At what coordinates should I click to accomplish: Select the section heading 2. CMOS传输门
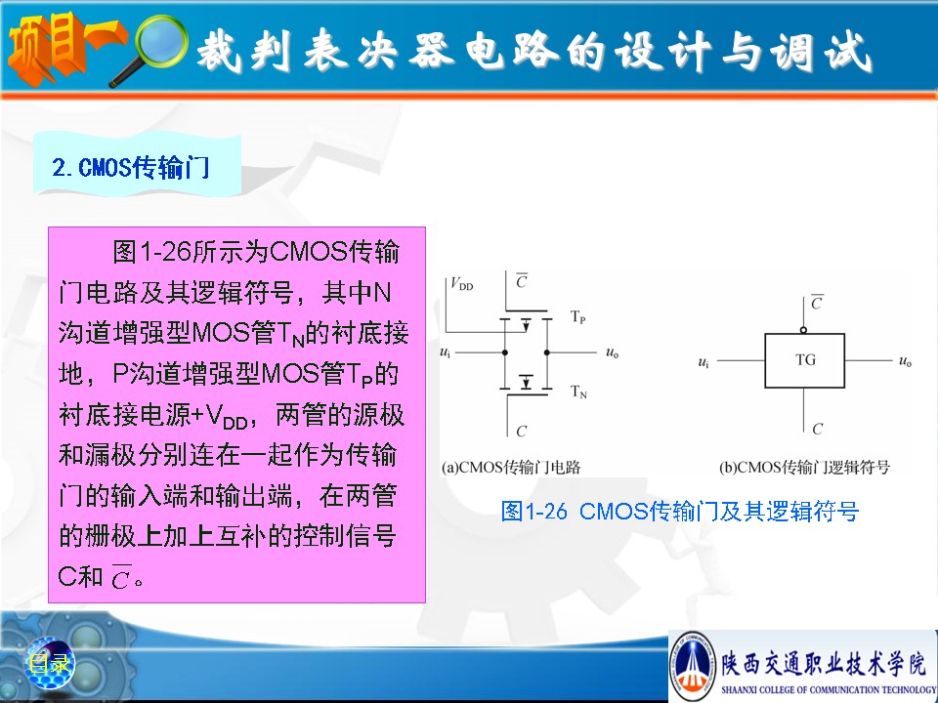tap(130, 167)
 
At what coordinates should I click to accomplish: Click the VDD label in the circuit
tap(462, 284)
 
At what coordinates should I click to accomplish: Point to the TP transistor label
tap(577, 316)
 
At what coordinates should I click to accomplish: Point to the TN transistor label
tap(578, 392)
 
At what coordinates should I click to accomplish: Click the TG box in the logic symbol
tap(804, 360)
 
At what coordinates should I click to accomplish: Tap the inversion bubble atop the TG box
tap(803, 330)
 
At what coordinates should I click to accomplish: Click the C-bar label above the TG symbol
tap(817, 302)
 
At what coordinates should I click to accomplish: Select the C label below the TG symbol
tap(817, 429)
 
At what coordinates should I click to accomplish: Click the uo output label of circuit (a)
tap(612, 352)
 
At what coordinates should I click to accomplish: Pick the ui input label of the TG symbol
tap(703, 361)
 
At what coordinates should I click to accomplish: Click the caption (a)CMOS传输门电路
tap(511, 467)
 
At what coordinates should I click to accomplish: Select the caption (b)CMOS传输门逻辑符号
tap(804, 467)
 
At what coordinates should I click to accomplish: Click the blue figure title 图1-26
tap(533, 511)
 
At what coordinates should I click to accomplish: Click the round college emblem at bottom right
tap(693, 664)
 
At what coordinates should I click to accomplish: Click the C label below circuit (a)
tap(521, 431)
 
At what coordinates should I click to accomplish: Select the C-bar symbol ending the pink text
tap(120, 577)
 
